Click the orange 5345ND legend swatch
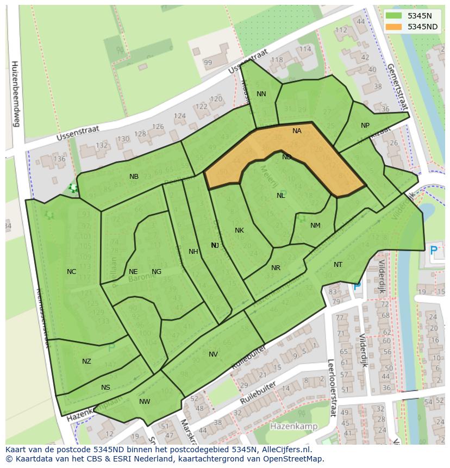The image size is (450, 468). pos(394,27)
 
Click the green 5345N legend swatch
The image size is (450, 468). pos(394,16)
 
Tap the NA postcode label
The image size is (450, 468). pos(297,131)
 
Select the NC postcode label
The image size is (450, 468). pos(71,272)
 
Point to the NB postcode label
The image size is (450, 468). pos(134,177)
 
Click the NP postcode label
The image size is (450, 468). pos(365,126)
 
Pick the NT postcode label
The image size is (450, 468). pos(338,265)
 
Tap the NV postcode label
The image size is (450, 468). pos(213,354)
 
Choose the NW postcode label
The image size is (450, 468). pos(145,402)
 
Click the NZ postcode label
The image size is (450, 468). pos(86,361)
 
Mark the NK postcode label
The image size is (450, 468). pos(239,230)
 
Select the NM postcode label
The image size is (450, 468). pos(315,226)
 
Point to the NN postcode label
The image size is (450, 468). pos(261,94)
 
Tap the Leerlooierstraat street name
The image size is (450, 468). pos(330,388)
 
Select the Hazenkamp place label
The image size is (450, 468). pos(293,426)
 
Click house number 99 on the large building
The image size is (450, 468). pos(208,63)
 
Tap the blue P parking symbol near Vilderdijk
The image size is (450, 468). pos(433,251)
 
